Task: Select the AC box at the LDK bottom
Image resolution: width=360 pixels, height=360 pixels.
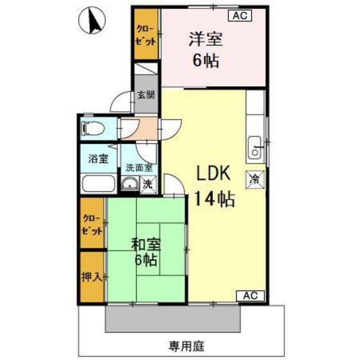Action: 251,295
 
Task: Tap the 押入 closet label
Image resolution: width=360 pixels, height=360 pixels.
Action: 91,277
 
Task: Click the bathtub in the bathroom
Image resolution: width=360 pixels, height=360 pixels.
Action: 99,185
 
